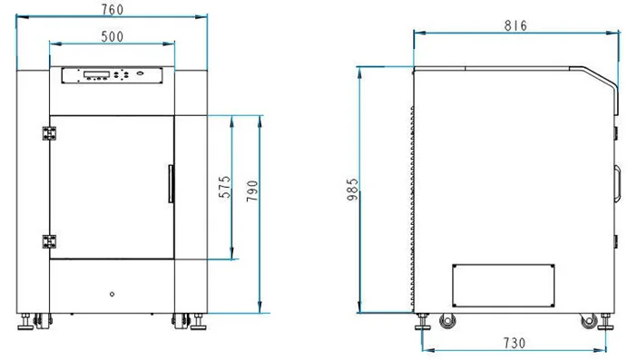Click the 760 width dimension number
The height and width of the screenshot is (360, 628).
pyautogui.click(x=113, y=10)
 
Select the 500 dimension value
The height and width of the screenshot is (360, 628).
pyautogui.click(x=113, y=37)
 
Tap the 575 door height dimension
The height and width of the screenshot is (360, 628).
pyautogui.click(x=225, y=187)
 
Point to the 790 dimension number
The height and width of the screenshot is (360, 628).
pyautogui.click(x=252, y=190)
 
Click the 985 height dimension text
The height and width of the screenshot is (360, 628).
pyautogui.click(x=352, y=190)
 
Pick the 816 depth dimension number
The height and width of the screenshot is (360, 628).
pyautogui.click(x=515, y=25)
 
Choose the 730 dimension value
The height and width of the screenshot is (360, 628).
pyautogui.click(x=515, y=343)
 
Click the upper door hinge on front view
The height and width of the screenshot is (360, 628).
pyautogui.click(x=49, y=133)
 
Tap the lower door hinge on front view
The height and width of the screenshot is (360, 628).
pyautogui.click(x=49, y=241)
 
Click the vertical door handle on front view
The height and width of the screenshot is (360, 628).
pyautogui.click(x=171, y=183)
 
